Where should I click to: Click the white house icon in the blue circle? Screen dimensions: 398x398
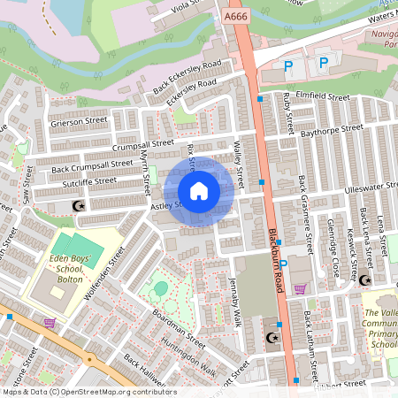(199, 191)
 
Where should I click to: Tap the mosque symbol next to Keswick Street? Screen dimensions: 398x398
(364, 280)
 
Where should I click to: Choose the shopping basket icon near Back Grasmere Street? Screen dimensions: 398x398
(300, 287)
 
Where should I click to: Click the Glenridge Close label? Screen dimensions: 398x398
(333, 250)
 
